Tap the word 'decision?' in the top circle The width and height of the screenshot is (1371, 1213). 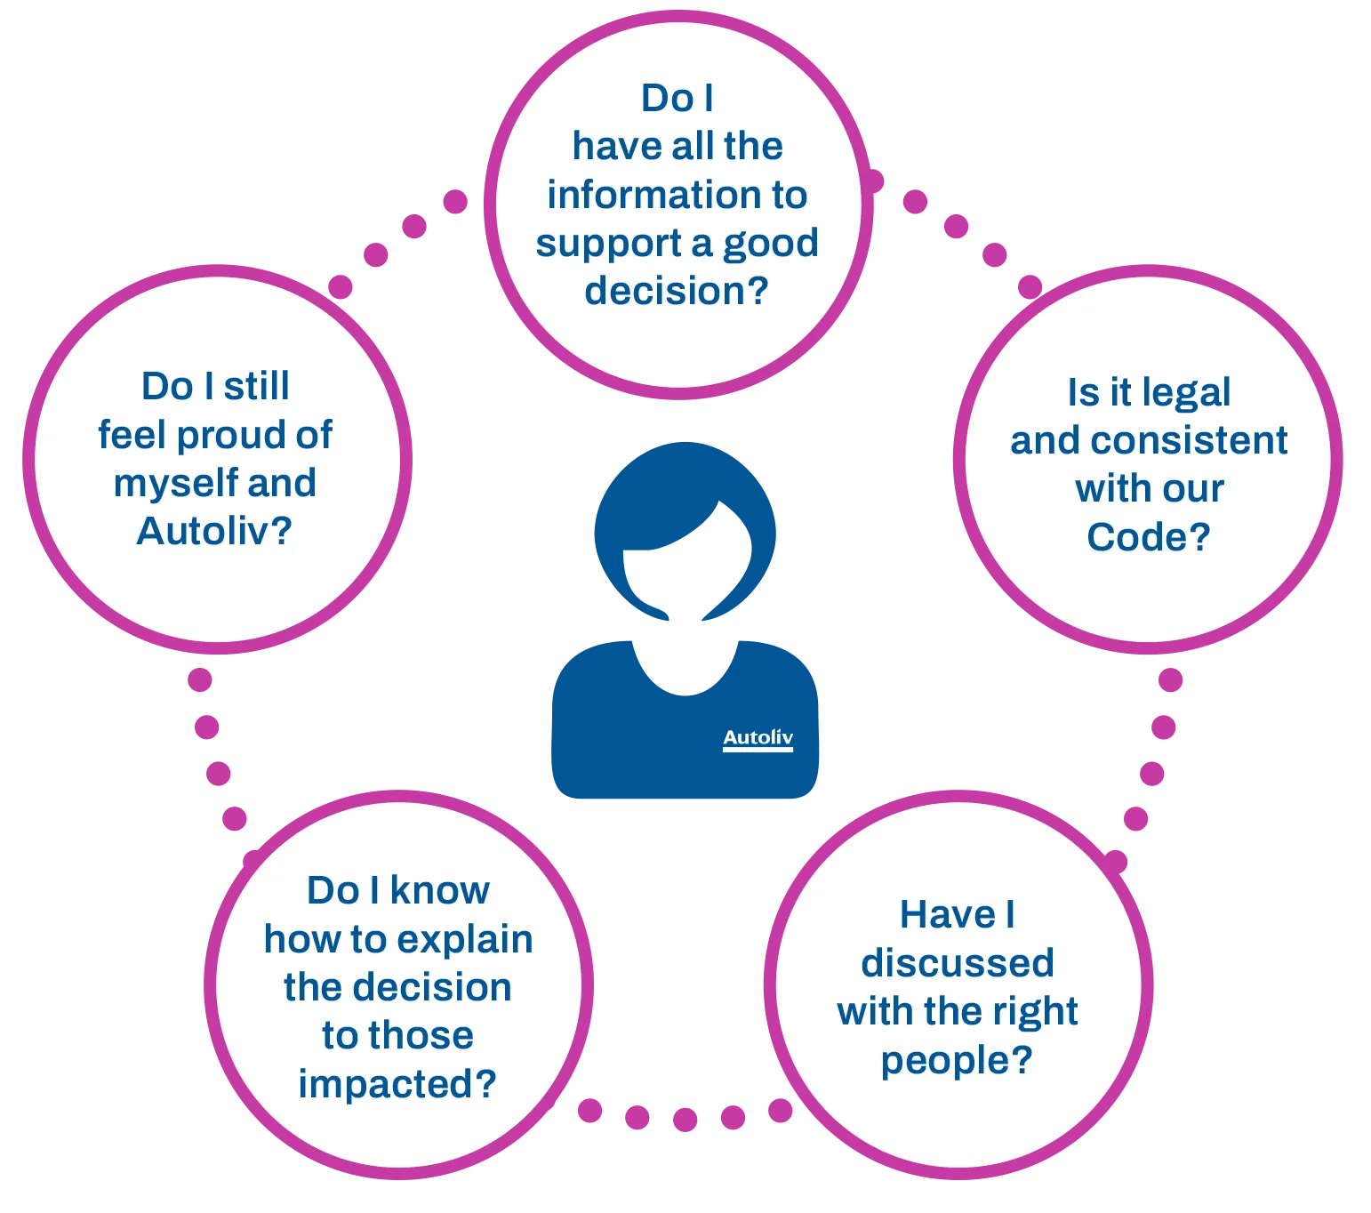(677, 293)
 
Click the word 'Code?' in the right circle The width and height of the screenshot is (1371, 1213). (1149, 537)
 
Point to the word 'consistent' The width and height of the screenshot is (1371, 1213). (1189, 441)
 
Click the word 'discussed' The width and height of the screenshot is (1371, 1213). (958, 963)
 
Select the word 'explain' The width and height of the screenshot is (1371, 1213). (465, 941)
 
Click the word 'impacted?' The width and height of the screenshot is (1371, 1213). (397, 1084)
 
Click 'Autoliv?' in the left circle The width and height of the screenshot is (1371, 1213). (214, 532)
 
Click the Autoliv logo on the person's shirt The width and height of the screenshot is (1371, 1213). (758, 738)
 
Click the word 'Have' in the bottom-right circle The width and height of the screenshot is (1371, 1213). (948, 915)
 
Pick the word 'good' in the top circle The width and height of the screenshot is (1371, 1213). (771, 245)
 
